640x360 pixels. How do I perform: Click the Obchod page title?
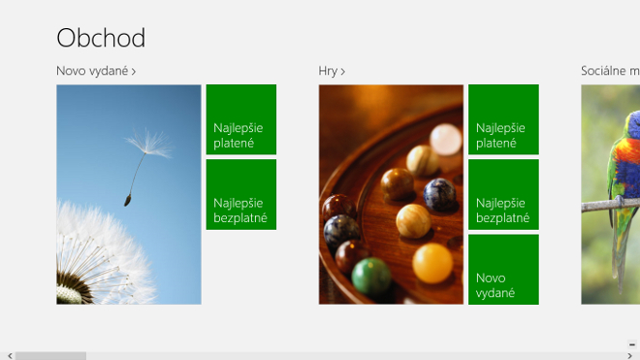coord(101,38)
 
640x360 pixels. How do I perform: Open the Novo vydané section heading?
coord(96,71)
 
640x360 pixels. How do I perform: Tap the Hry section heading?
coord(332,71)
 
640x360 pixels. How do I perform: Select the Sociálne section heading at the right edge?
coord(610,71)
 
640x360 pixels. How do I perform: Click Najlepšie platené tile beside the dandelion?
coord(241,119)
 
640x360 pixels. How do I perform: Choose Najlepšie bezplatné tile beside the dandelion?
coord(241,194)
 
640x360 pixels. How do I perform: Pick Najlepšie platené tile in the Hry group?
coord(503,119)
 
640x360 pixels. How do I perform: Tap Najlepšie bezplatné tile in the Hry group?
coord(503,194)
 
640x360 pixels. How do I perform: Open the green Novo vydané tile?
coord(503,270)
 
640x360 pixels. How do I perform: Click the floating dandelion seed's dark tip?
coord(128,200)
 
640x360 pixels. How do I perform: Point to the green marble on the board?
coord(371,277)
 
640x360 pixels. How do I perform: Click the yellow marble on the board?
coord(432,263)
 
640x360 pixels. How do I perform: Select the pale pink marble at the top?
coord(445,140)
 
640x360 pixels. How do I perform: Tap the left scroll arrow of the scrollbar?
coord(10,356)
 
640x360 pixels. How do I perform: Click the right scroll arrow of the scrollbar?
coord(629,356)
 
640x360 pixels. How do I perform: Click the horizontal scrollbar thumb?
coord(50,356)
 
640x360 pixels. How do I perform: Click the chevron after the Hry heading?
coord(343,72)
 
